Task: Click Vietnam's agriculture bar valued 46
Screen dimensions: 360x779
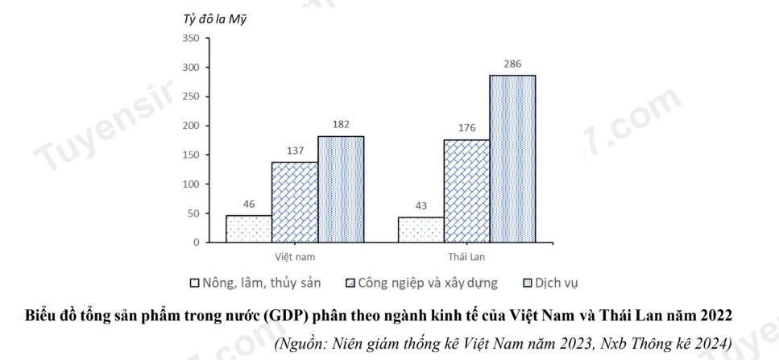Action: (x=249, y=229)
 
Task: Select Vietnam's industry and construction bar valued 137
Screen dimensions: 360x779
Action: (x=295, y=202)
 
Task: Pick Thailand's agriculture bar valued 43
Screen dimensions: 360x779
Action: (x=421, y=230)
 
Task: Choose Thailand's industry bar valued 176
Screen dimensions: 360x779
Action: (x=466, y=191)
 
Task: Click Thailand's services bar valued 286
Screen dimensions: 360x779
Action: (x=512, y=159)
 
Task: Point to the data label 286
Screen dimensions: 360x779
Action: (x=512, y=64)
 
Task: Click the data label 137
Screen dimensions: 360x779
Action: (x=295, y=151)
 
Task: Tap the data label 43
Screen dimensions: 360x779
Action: (x=421, y=205)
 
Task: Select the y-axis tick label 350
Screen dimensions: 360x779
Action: (x=191, y=38)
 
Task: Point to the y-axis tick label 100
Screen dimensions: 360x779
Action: (x=191, y=184)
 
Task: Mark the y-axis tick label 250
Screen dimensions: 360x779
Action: (x=191, y=97)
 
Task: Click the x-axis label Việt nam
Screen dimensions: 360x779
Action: (x=295, y=256)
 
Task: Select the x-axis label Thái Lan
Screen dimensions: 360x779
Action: (x=466, y=256)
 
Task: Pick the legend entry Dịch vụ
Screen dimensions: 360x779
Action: (x=551, y=283)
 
